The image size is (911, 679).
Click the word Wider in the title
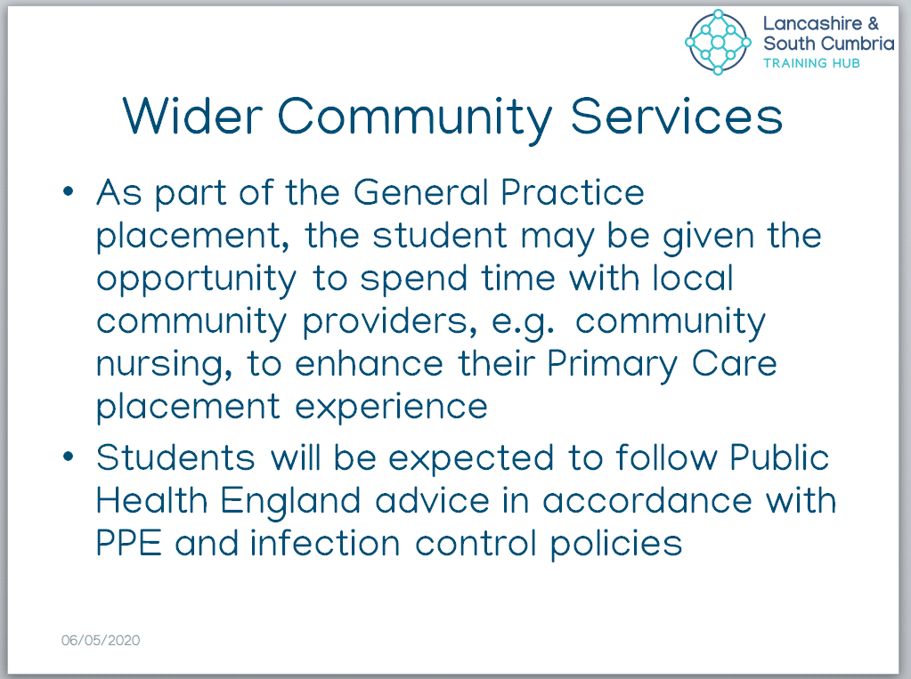[192, 117]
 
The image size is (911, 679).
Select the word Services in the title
[677, 117]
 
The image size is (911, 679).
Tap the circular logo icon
[718, 43]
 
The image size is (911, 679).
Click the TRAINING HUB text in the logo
[811, 63]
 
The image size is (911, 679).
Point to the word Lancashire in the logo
[812, 23]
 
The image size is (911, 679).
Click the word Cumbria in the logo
[858, 43]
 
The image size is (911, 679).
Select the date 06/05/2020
[101, 640]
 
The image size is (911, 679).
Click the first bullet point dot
[69, 191]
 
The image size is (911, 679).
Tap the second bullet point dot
[69, 457]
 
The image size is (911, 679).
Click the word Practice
[573, 192]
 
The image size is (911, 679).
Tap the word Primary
[613, 365]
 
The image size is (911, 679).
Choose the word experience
[392, 408]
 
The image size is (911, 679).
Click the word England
[290, 502]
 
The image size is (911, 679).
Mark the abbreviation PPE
[128, 544]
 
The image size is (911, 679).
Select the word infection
[325, 544]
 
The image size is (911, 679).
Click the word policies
[616, 545]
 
